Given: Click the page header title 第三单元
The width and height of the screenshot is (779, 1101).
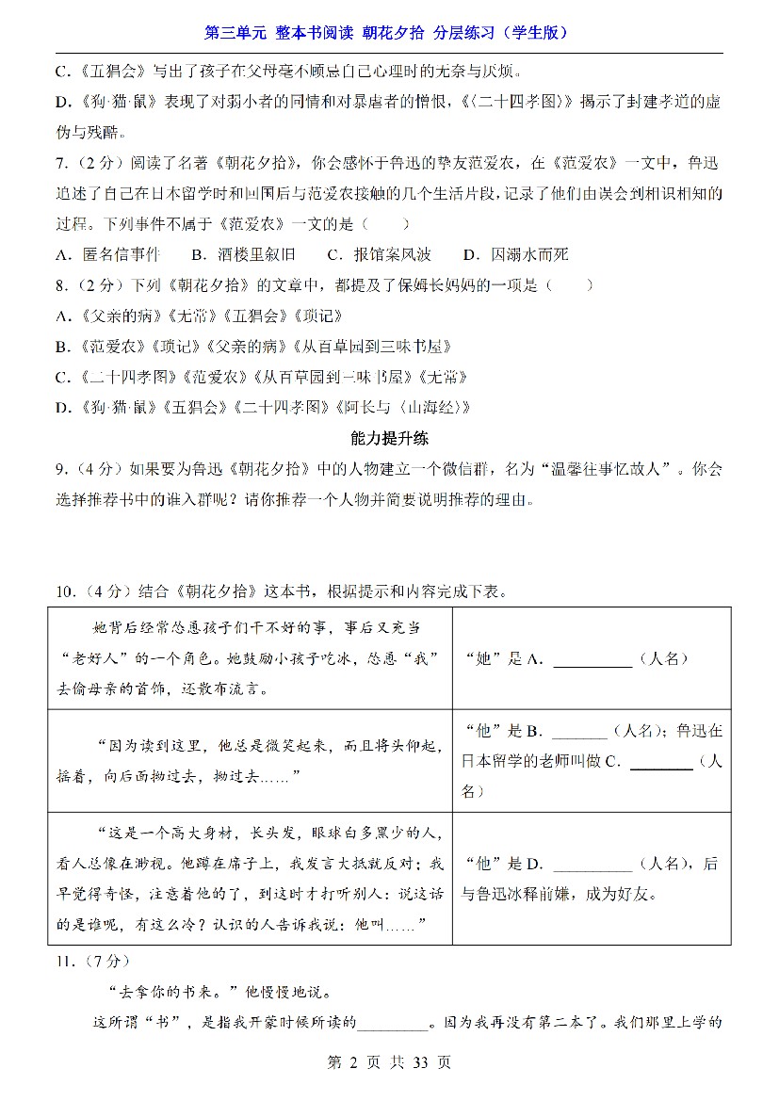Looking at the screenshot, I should (236, 33).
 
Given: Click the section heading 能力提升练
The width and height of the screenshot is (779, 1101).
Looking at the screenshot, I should (389, 438).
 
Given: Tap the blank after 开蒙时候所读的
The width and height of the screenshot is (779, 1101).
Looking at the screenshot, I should (392, 1023).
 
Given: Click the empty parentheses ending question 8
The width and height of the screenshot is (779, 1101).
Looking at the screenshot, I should (575, 284).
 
